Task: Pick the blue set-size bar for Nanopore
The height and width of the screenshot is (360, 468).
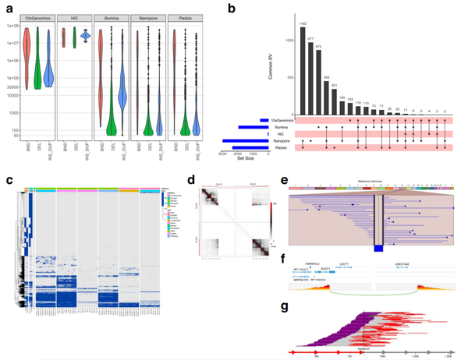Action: [x=245, y=140]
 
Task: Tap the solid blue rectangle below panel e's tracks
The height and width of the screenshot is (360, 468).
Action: [x=378, y=248]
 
